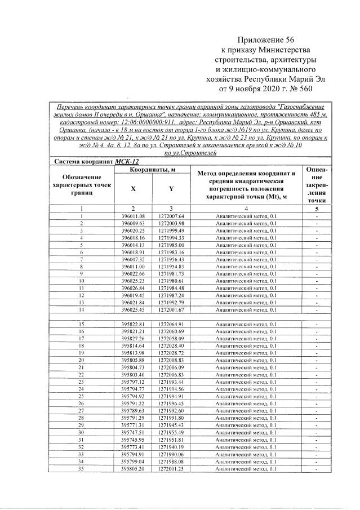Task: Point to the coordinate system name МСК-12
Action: pos(127,161)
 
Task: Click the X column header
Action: pos(133,189)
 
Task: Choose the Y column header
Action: pos(171,189)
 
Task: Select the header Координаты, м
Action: pos(152,169)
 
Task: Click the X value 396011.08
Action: pos(133,216)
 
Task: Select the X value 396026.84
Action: pos(133,288)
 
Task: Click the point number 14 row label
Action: pos(82,309)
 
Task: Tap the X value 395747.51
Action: pos(133,432)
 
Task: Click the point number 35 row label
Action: pos(82,468)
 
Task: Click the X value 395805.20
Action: pos(133,468)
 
